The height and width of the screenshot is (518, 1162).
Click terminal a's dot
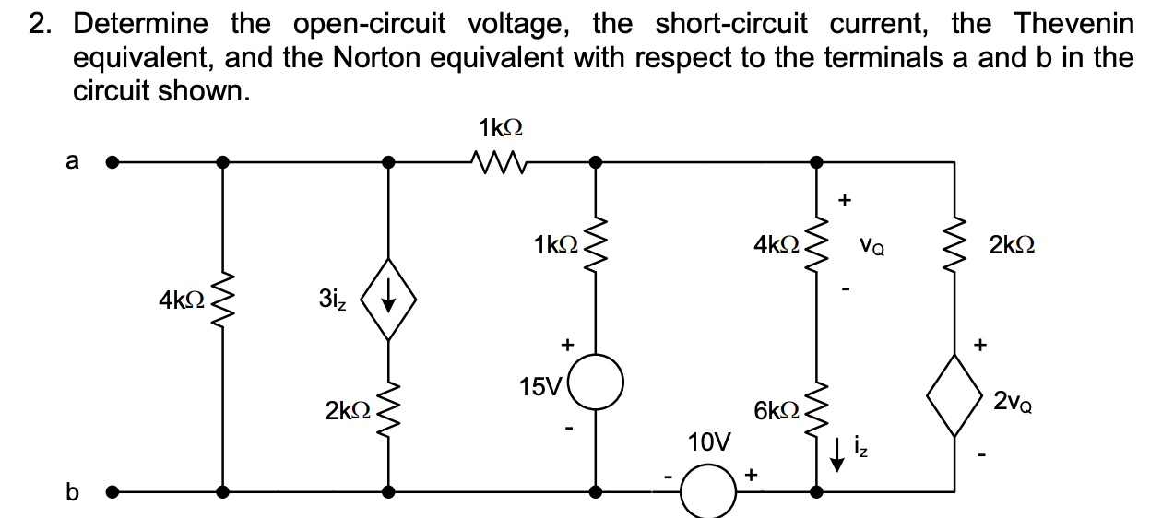(x=113, y=163)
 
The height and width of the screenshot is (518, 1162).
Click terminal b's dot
(x=113, y=490)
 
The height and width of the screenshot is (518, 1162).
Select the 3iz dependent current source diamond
(x=388, y=298)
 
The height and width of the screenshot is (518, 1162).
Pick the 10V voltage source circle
(x=707, y=496)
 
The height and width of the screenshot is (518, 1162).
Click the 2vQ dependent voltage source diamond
(x=954, y=401)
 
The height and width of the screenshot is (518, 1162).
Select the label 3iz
(x=333, y=300)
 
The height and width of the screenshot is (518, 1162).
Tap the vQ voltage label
(x=868, y=246)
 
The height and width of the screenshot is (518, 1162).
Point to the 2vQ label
(x=1013, y=401)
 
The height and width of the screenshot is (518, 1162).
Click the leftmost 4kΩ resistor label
(x=181, y=300)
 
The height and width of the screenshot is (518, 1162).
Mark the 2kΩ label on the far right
(x=1011, y=246)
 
